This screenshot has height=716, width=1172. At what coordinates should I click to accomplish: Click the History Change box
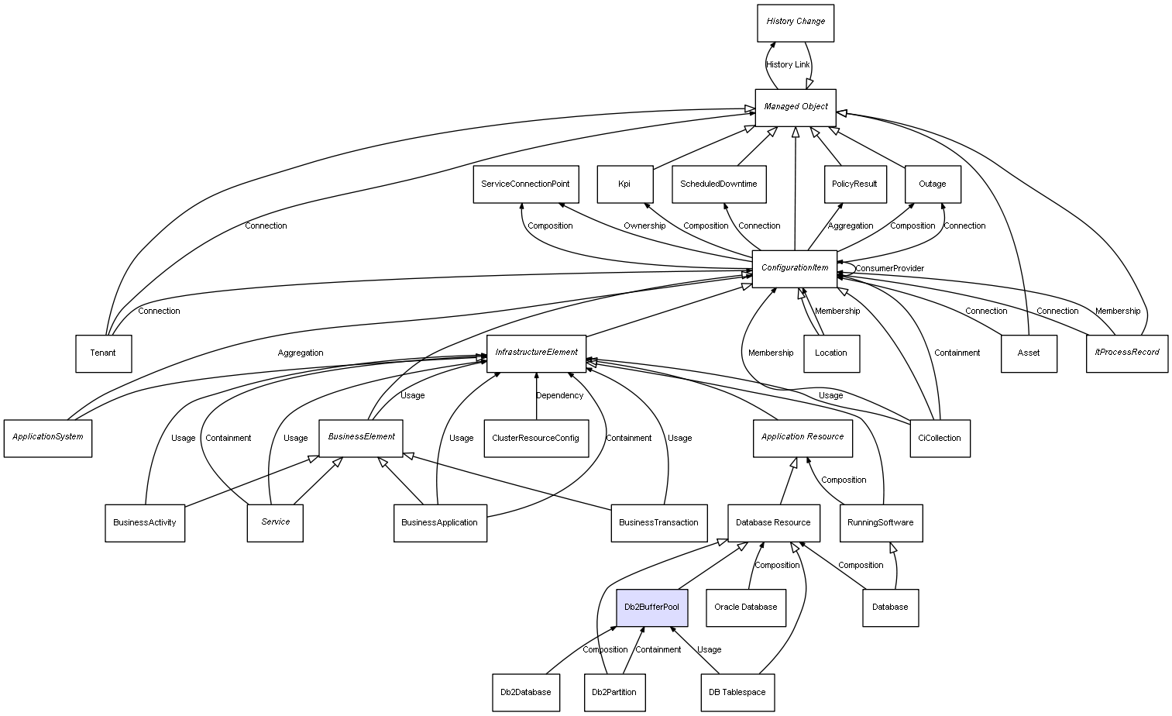pos(796,22)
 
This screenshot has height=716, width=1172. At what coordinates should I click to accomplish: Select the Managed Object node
pos(796,107)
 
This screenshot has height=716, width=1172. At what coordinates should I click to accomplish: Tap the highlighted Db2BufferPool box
pos(651,607)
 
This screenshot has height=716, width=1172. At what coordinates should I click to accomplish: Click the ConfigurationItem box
pos(795,268)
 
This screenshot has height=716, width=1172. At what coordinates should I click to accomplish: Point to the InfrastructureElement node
pos(536,353)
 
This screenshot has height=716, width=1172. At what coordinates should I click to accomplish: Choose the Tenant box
pos(103,353)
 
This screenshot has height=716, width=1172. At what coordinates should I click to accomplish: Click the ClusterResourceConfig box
pos(535,438)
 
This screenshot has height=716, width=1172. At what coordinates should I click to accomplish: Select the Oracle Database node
pos(745,607)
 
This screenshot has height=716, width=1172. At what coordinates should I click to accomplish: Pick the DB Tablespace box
pos(737,692)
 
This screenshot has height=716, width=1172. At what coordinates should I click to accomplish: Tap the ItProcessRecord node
pos(1127,353)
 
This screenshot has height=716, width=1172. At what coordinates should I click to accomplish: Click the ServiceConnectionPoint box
pos(525,184)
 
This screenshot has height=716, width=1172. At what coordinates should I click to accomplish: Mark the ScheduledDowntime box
pos(718,184)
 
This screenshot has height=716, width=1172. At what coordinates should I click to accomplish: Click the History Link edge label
pos(788,65)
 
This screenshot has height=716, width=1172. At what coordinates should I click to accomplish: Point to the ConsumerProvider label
pos(889,269)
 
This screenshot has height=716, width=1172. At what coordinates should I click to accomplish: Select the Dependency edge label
pos(559,396)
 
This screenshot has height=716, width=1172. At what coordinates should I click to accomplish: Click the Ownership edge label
pos(644,226)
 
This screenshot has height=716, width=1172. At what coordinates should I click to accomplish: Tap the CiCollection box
pos(939,438)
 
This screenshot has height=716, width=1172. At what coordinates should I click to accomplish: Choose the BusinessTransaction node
pos(658,522)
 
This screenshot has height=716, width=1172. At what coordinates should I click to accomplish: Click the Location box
pos(831,353)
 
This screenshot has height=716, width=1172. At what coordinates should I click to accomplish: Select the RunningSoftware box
pos(881,522)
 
